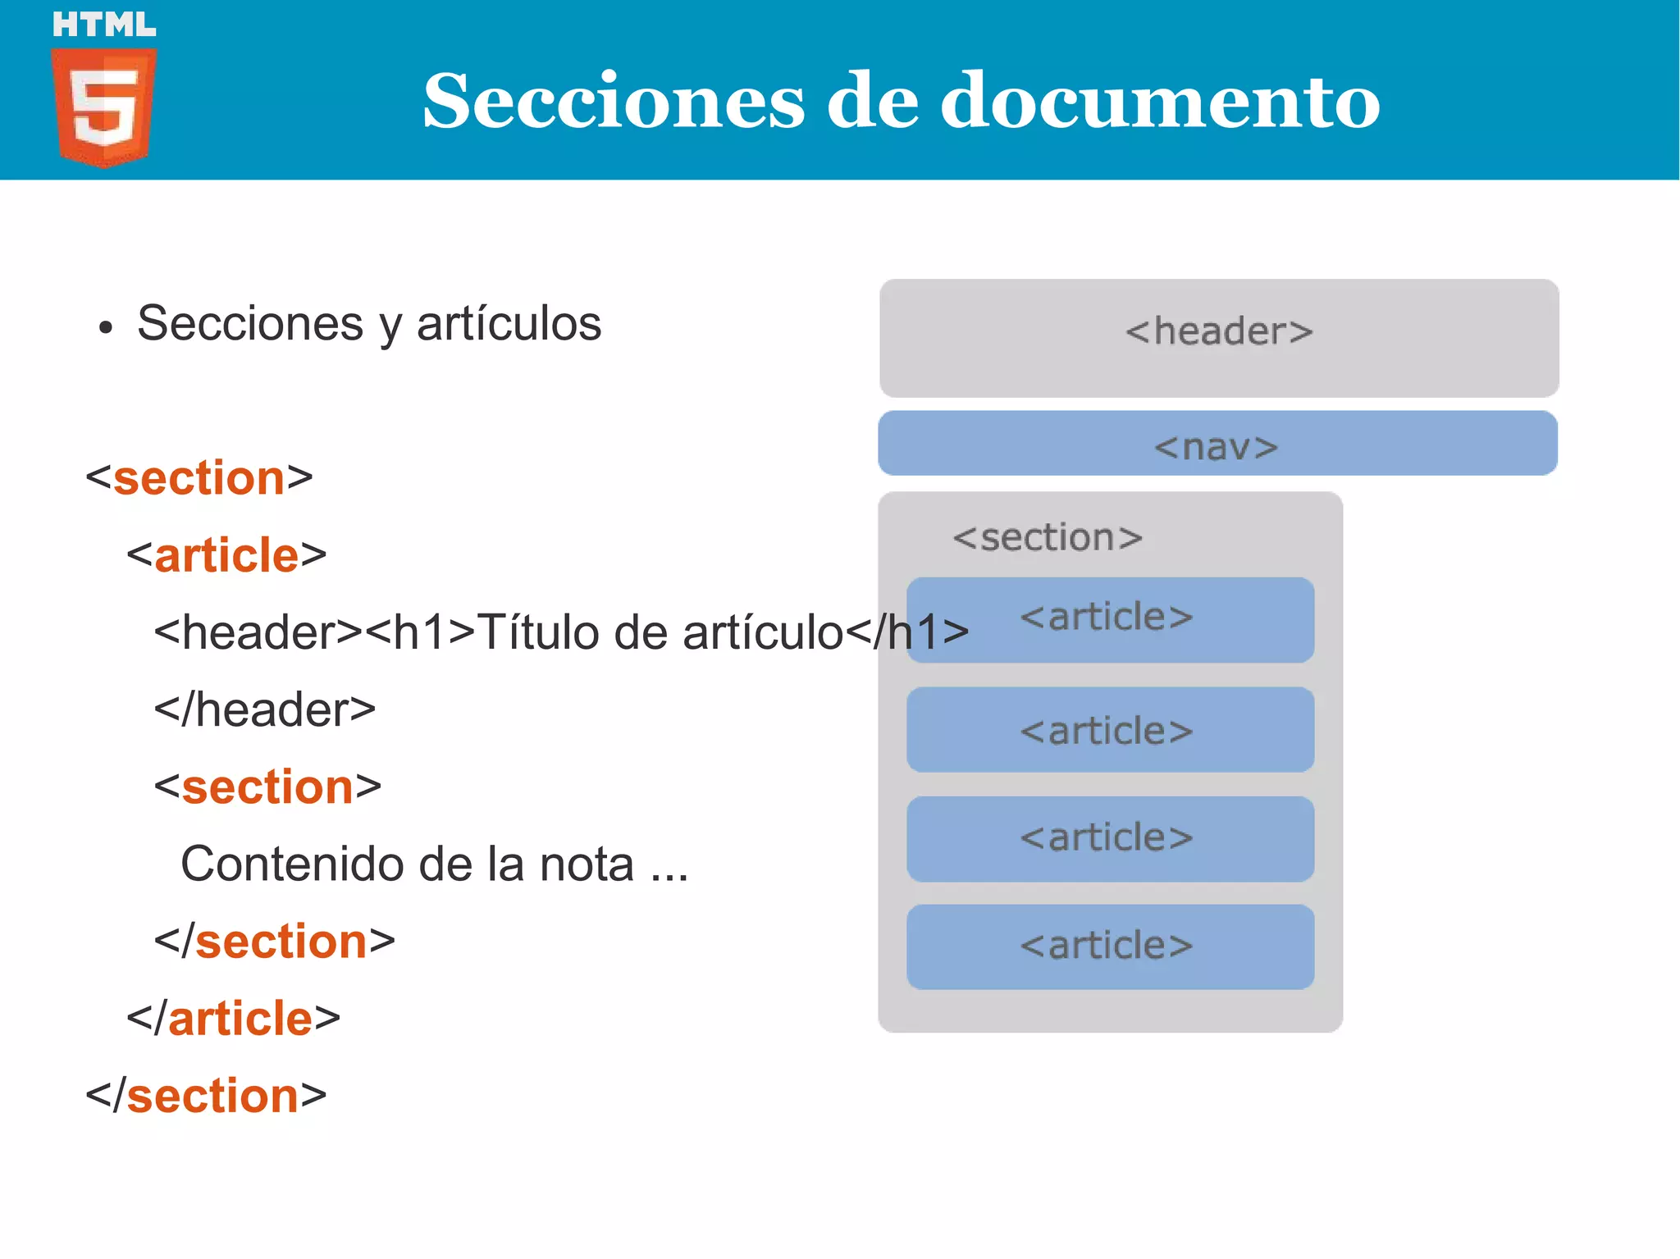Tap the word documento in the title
(1160, 101)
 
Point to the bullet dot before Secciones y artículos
(104, 328)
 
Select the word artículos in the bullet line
(509, 323)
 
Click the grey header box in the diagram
(1219, 337)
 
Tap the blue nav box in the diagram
(1217, 444)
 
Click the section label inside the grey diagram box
(1048, 538)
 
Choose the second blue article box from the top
(1110, 730)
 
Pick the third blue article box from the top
(1110, 838)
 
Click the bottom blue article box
(1110, 947)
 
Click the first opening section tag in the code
(199, 478)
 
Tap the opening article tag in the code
(226, 555)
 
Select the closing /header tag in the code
(264, 709)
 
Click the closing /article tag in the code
(233, 1018)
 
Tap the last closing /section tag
(206, 1095)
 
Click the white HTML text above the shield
(104, 25)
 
